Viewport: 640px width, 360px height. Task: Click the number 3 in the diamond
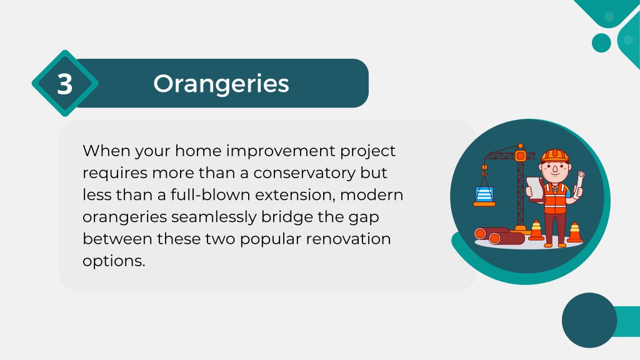click(65, 84)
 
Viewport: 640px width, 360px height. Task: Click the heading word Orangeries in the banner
click(221, 84)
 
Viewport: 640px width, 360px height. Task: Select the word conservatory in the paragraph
click(304, 173)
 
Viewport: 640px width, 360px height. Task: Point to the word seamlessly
click(214, 217)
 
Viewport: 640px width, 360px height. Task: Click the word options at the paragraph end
click(114, 261)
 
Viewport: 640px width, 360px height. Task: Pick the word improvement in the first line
click(281, 151)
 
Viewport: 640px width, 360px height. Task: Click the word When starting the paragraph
click(106, 151)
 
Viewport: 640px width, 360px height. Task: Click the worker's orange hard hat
click(555, 156)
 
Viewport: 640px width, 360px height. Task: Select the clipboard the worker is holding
click(535, 189)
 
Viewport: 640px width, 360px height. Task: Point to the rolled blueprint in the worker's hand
click(579, 182)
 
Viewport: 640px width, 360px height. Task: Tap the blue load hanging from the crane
click(484, 195)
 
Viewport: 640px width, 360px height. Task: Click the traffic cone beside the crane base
click(536, 230)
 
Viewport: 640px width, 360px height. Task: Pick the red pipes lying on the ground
click(498, 236)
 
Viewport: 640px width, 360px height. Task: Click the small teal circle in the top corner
click(601, 43)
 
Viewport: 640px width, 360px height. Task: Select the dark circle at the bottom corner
click(589, 320)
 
